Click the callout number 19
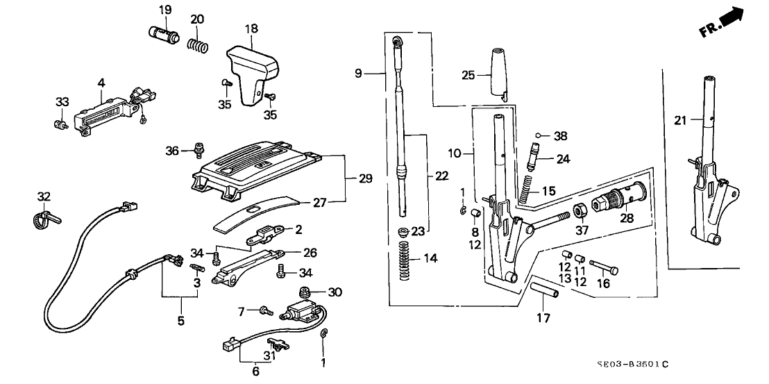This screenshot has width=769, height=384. (x=164, y=10)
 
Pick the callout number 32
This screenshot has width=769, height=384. (x=44, y=197)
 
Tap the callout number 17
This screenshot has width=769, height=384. (x=543, y=319)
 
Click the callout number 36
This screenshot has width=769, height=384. (x=173, y=150)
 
